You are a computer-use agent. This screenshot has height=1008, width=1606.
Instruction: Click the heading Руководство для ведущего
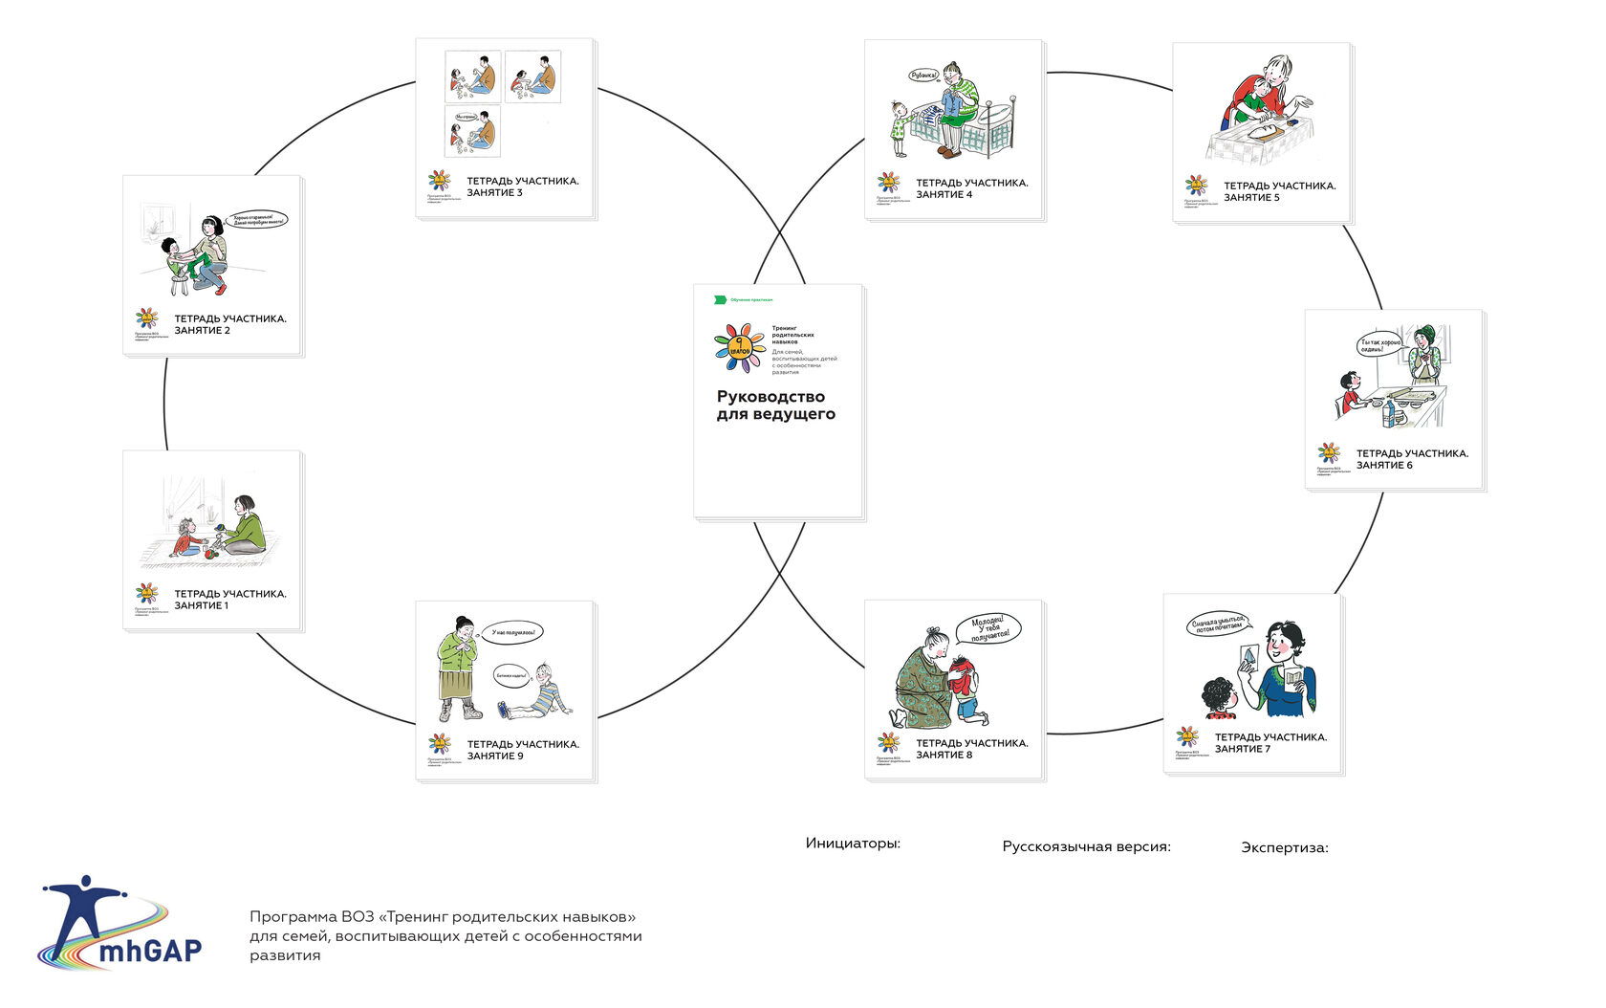pyautogui.click(x=775, y=405)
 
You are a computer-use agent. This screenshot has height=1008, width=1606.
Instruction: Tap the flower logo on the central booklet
pyautogui.click(x=739, y=347)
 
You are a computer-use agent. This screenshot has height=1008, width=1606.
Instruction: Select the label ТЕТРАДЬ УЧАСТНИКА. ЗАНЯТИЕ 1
pyautogui.click(x=229, y=600)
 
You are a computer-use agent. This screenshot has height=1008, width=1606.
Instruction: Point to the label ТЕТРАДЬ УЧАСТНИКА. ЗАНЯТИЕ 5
pyautogui.click(x=1279, y=191)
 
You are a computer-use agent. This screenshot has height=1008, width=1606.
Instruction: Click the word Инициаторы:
pyautogui.click(x=853, y=844)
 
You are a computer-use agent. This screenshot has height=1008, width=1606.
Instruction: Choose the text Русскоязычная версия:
pyautogui.click(x=1086, y=846)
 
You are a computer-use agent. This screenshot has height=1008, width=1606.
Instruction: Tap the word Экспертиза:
pyautogui.click(x=1284, y=847)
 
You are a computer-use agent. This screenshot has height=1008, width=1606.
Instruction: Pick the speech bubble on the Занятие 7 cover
pyautogui.click(x=1219, y=625)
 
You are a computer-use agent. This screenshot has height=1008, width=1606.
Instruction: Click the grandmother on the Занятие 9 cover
pyautogui.click(x=459, y=668)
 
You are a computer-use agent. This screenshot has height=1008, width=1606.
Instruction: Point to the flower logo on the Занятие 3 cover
pyautogui.click(x=439, y=180)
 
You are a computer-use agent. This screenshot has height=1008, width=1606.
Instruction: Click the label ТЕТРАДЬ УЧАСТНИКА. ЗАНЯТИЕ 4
pyautogui.click(x=971, y=188)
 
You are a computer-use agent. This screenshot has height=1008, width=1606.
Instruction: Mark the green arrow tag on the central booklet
pyautogui.click(x=720, y=299)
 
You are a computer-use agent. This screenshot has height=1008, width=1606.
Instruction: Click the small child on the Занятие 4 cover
pyautogui.click(x=899, y=127)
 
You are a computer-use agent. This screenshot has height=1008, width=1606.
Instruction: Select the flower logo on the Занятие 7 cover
pyautogui.click(x=1187, y=736)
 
